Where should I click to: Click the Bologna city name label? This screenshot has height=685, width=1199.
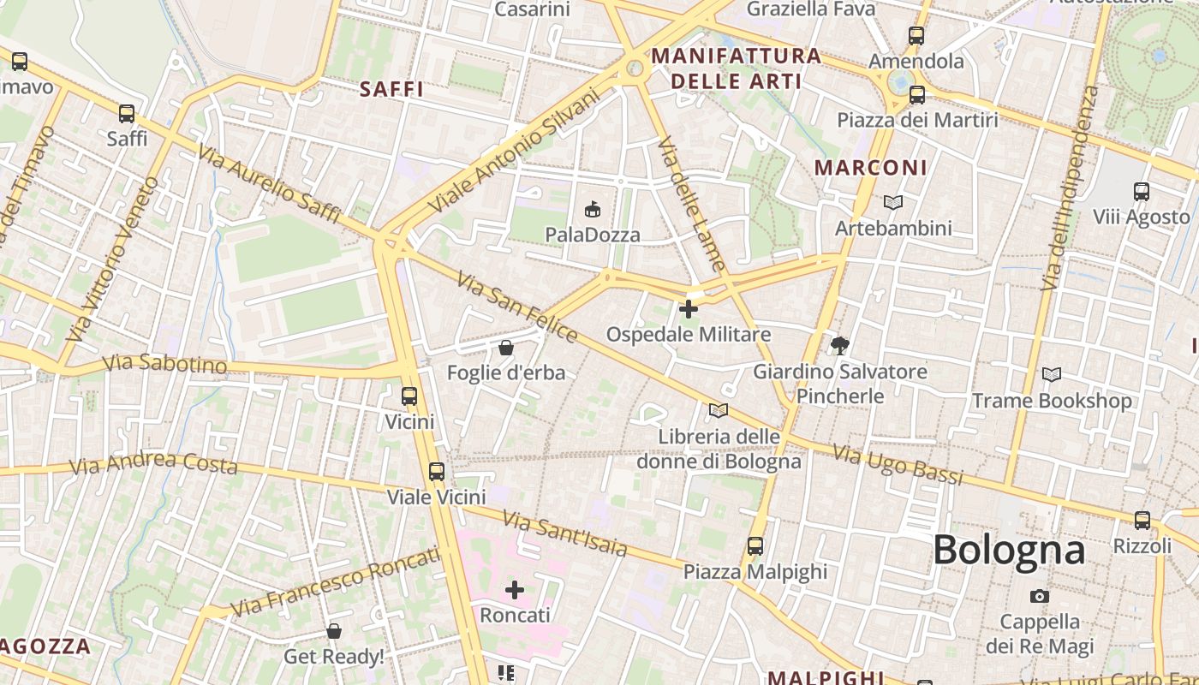[1009, 550]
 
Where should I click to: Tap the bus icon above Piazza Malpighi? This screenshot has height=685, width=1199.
[755, 545]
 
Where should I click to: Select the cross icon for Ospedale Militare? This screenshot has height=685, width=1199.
[688, 308]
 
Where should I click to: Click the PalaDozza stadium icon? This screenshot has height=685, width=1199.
[592, 208]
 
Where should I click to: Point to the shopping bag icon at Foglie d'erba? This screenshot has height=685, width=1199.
[506, 348]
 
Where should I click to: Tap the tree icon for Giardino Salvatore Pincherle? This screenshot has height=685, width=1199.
[839, 346]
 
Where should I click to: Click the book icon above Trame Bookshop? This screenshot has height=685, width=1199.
[1051, 374]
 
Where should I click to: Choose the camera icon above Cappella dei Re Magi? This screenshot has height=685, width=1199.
[1040, 596]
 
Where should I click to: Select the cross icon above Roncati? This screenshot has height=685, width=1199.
[515, 589]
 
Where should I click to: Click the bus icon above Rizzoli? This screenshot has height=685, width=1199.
[1142, 520]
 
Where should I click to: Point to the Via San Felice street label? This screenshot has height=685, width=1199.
[517, 307]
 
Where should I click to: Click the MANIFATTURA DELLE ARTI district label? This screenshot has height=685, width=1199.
[737, 68]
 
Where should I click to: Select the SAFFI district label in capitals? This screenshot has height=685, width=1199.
[391, 89]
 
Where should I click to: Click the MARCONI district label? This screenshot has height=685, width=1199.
[870, 168]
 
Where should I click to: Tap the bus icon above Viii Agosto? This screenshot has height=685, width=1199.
[1141, 192]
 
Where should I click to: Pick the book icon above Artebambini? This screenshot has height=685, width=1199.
[893, 203]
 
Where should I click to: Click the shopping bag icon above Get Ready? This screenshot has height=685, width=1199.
[334, 631]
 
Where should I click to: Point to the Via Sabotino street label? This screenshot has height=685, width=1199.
[165, 364]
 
